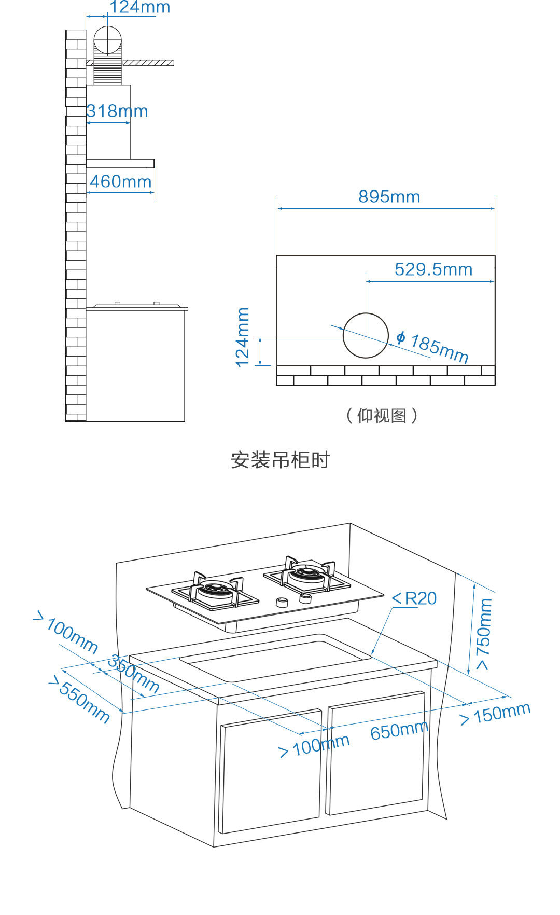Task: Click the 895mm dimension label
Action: pyautogui.click(x=389, y=197)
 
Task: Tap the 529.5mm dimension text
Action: pyautogui.click(x=433, y=270)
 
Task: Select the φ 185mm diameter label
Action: pyautogui.click(x=433, y=347)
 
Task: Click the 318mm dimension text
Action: pyautogui.click(x=117, y=112)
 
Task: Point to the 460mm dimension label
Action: pyautogui.click(x=120, y=182)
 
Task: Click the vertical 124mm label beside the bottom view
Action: pyautogui.click(x=243, y=337)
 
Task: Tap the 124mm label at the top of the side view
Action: pyautogui.click(x=139, y=7)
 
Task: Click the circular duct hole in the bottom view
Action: pyautogui.click(x=366, y=335)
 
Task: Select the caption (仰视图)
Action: pyautogui.click(x=382, y=416)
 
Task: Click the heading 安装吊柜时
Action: pyautogui.click(x=280, y=460)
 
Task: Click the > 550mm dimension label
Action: pyautogui.click(x=79, y=699)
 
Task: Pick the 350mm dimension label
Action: pyautogui.click(x=134, y=674)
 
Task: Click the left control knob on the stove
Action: pyautogui.click(x=282, y=602)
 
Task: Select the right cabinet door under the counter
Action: pyautogui.click(x=376, y=753)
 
